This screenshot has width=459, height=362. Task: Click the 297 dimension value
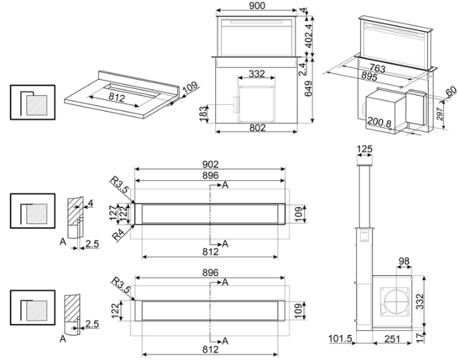pos(440,114)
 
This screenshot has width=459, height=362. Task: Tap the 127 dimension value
pos(113,212)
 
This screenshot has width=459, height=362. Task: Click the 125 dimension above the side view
pos(365,150)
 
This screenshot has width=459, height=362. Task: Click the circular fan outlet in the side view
pos(395,302)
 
